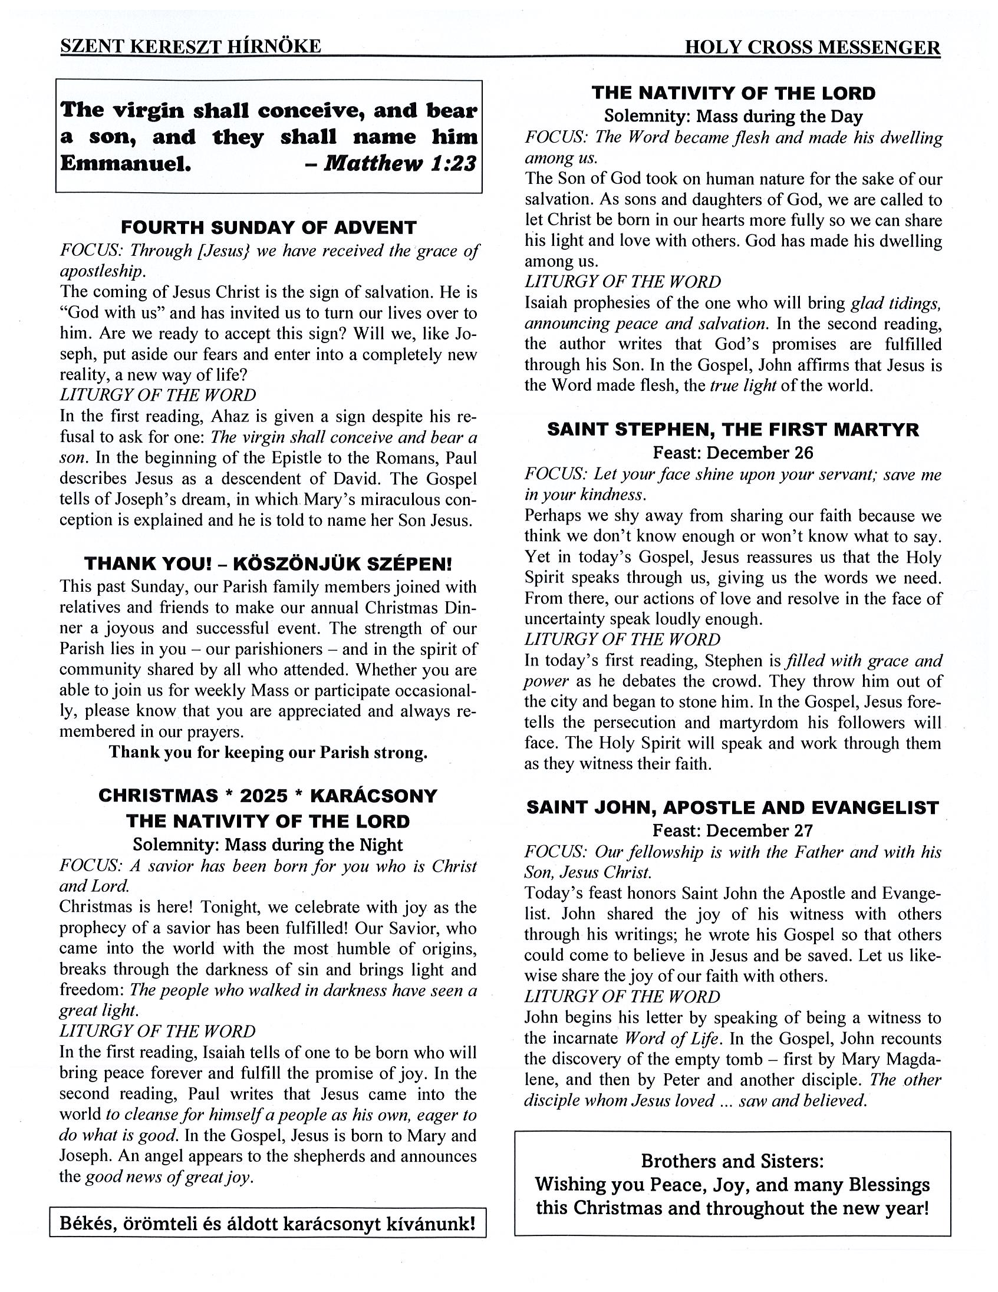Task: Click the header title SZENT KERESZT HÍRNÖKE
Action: (190, 46)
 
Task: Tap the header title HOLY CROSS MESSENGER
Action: (812, 47)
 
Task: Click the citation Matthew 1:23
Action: (400, 163)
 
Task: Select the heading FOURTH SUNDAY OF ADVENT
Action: (269, 228)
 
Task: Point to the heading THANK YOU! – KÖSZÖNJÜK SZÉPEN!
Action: (268, 563)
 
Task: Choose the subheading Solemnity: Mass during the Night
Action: (268, 845)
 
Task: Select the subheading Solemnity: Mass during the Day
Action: (733, 117)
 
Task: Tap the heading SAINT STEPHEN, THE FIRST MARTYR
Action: (733, 430)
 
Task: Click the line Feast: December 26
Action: (733, 453)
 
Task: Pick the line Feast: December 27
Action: (733, 831)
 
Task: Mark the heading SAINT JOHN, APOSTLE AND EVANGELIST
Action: (733, 808)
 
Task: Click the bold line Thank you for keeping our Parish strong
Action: (268, 753)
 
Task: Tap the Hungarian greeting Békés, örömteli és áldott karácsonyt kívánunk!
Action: (268, 1224)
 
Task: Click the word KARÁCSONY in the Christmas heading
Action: (373, 796)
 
